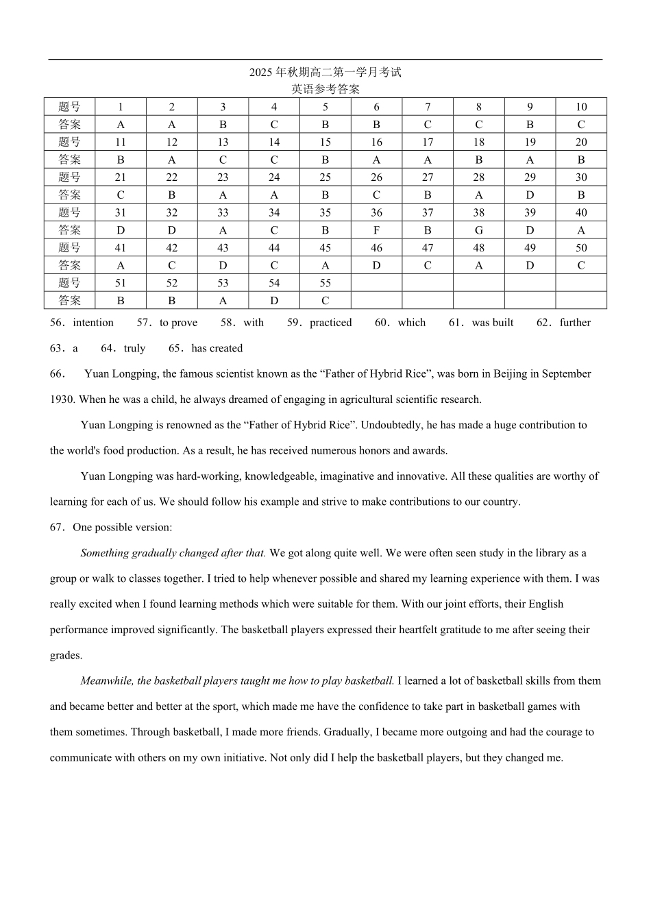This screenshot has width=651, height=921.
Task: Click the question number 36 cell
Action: pyautogui.click(x=376, y=212)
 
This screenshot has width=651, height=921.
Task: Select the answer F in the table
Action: pyautogui.click(x=376, y=230)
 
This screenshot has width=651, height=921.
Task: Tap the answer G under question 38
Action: pyautogui.click(x=478, y=230)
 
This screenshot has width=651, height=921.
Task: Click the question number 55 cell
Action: pyautogui.click(x=325, y=283)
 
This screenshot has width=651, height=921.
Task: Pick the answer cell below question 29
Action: pyautogui.click(x=530, y=195)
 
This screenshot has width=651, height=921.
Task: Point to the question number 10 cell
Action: pyautogui.click(x=581, y=107)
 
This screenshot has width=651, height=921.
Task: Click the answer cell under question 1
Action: pyautogui.click(x=121, y=125)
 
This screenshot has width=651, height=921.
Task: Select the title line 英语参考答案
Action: pyautogui.click(x=325, y=89)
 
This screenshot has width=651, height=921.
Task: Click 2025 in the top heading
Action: pyautogui.click(x=260, y=73)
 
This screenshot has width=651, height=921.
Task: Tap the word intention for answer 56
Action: pyautogui.click(x=93, y=323)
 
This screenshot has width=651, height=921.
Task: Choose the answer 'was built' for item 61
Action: pyautogui.click(x=492, y=323)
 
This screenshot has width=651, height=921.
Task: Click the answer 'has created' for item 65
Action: pyautogui.click(x=217, y=348)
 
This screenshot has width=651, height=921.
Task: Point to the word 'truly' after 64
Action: pyautogui.click(x=134, y=348)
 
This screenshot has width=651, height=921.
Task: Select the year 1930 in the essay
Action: pyautogui.click(x=62, y=400)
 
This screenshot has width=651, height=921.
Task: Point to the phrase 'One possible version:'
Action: pyautogui.click(x=123, y=528)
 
